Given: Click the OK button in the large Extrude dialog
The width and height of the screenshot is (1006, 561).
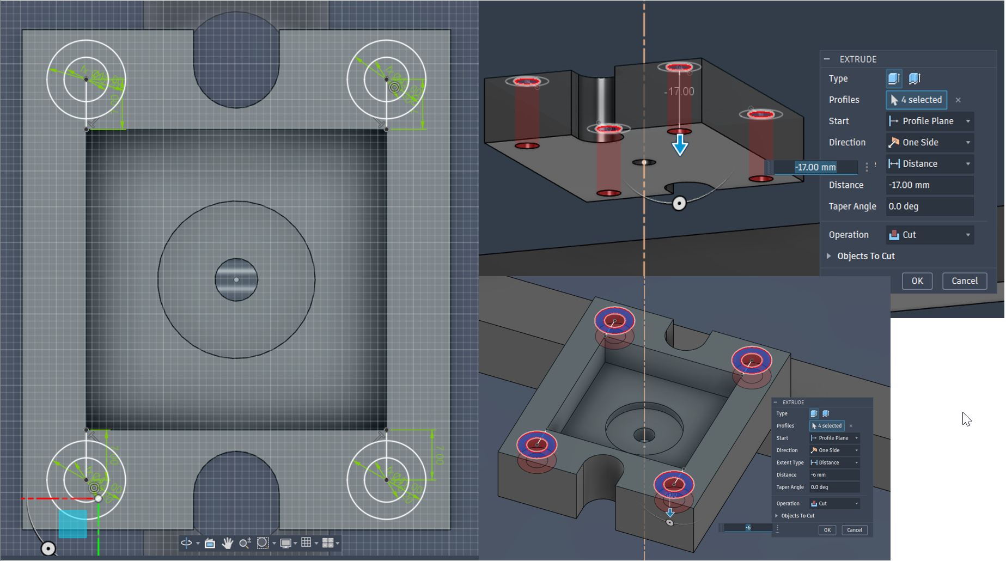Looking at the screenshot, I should point(917,281).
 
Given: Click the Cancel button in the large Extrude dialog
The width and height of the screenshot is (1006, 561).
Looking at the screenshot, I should point(964,281).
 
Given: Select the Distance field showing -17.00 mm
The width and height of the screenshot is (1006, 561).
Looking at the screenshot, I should point(929,185).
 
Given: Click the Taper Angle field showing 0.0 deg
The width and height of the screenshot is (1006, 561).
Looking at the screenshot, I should point(929,206).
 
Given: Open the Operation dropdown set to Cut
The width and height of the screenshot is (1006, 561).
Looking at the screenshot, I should point(930,235).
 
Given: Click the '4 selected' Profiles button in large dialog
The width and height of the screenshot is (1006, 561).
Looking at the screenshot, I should point(916,100).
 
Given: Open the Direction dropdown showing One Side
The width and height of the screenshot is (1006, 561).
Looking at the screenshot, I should point(930,143).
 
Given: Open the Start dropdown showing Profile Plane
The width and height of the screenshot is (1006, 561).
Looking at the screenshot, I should point(930,121).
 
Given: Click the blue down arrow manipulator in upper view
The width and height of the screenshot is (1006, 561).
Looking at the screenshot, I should point(680,145).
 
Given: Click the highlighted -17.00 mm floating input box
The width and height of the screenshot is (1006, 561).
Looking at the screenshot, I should point(815,167).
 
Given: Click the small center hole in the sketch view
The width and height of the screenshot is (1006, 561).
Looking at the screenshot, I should point(236,280).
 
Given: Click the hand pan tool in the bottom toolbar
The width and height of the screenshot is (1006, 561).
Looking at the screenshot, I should point(228,543).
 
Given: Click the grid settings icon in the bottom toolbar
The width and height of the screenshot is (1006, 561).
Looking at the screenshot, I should point(307,542).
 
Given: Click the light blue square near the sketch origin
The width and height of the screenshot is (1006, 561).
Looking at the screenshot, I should point(72,523).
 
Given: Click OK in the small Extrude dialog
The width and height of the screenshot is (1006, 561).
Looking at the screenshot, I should point(827,530).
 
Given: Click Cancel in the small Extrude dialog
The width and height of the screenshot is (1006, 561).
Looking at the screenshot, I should point(854,530).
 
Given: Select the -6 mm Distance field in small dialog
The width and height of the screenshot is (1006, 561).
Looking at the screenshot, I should point(833,475).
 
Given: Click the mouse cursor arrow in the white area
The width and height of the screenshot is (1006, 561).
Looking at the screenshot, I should point(966,418).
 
